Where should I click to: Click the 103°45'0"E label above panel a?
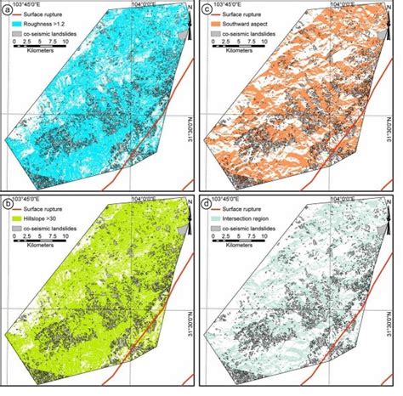click(32, 4)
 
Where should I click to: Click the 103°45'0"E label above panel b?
click(32, 197)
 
